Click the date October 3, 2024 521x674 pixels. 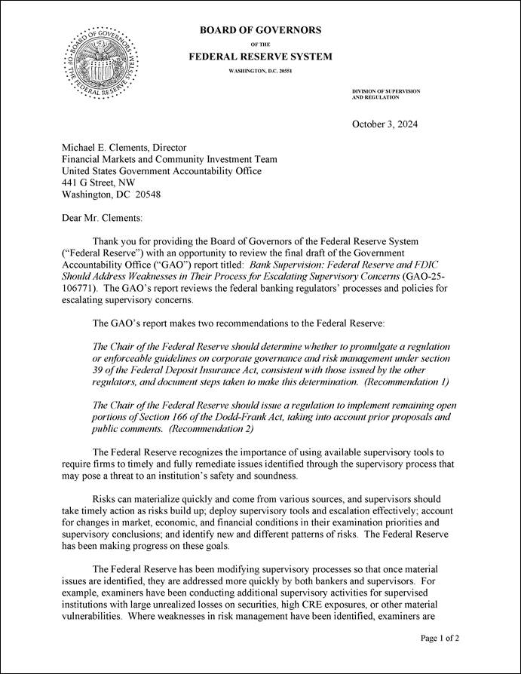pyautogui.click(x=385, y=124)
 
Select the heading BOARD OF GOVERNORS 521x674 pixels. pyautogui.click(x=260, y=30)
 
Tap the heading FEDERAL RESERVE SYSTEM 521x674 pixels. pyautogui.click(x=260, y=57)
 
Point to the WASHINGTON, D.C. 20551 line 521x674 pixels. pyautogui.click(x=260, y=72)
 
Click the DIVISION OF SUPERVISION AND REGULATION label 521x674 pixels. pyautogui.click(x=386, y=94)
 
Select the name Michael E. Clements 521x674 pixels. pyautogui.click(x=104, y=148)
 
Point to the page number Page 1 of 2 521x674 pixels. pyautogui.click(x=440, y=638)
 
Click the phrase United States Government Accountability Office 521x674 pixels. pyautogui.click(x=161, y=171)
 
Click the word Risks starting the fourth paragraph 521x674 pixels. pyautogui.click(x=105, y=498)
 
